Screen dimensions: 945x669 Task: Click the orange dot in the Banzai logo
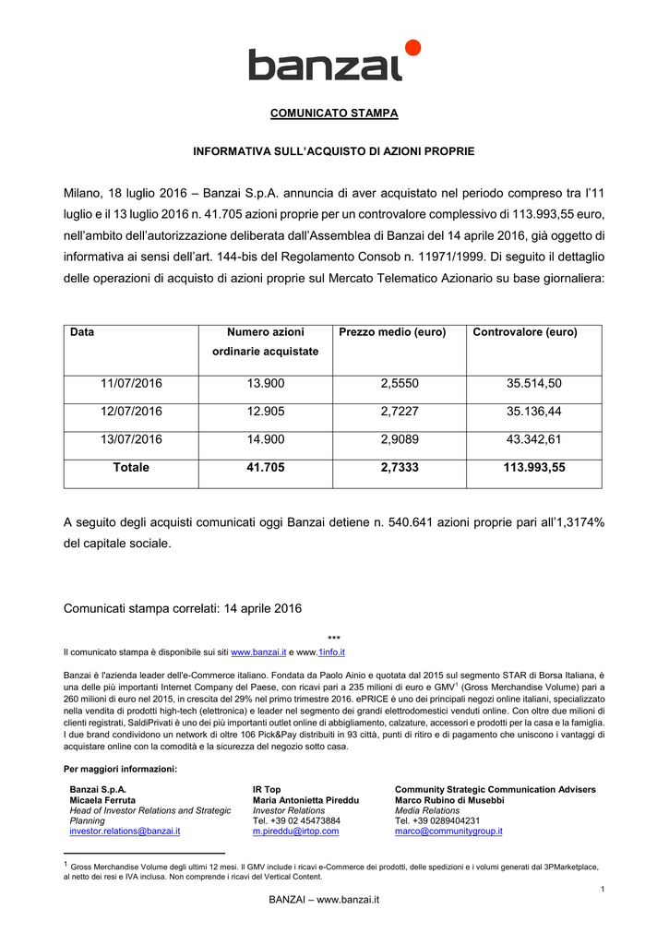[x=412, y=48]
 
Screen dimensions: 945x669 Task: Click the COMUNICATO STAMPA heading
[x=333, y=114]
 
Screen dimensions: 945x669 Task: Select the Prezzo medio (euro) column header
[x=392, y=332]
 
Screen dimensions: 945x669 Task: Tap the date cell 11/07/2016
[x=131, y=384]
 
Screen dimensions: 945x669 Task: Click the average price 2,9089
[x=400, y=439]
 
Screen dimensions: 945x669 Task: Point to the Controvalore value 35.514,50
[x=534, y=384]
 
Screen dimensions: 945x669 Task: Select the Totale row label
[x=131, y=468]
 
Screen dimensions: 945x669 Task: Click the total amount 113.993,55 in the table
[x=534, y=468]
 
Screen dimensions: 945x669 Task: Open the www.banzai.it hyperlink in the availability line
[x=258, y=652]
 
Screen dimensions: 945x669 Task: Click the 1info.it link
[x=329, y=652]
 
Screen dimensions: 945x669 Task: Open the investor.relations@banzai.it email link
[x=125, y=831]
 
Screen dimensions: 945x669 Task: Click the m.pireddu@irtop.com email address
[x=295, y=831]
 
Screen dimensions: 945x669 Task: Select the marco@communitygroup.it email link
[x=448, y=831]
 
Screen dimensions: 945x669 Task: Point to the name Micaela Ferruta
[x=102, y=800]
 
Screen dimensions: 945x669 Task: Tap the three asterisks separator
[x=334, y=639]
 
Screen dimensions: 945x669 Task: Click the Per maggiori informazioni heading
[x=120, y=769]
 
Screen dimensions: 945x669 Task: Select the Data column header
[x=82, y=332]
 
